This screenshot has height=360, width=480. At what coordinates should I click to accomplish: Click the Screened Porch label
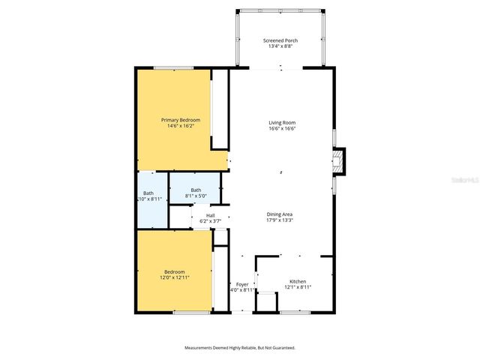click(280, 40)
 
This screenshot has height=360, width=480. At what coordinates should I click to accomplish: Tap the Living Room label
click(283, 122)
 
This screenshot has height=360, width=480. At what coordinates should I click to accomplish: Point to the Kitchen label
click(298, 281)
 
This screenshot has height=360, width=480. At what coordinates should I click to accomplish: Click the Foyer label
click(242, 284)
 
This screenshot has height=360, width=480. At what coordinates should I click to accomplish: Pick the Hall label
click(210, 215)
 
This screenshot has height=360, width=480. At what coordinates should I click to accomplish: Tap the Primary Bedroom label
click(181, 119)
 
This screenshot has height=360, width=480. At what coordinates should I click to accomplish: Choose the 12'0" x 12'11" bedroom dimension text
click(175, 277)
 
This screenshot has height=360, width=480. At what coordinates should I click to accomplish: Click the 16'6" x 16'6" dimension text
click(283, 128)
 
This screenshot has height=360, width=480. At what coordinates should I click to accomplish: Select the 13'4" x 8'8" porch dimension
click(280, 46)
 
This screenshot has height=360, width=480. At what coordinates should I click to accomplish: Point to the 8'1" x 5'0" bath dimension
click(196, 196)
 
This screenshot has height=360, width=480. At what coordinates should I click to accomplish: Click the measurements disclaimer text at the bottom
click(240, 348)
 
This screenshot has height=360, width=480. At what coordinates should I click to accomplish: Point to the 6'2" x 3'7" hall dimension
click(210, 221)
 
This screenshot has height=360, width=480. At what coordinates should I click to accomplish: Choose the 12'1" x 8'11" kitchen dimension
click(298, 287)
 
